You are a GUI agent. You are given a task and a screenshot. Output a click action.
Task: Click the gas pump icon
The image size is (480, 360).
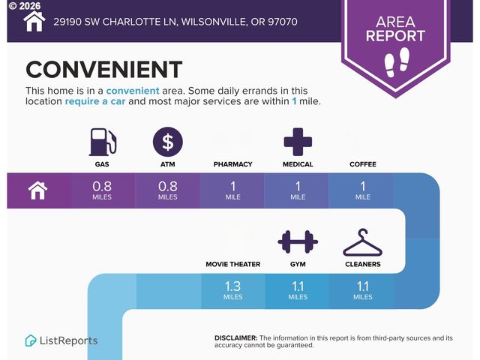pyautogui.click(x=103, y=142)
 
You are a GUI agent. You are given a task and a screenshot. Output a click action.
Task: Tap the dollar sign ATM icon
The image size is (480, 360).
pyautogui.click(x=168, y=142)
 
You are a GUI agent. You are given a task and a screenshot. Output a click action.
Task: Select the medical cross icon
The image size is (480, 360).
pyautogui.click(x=298, y=142)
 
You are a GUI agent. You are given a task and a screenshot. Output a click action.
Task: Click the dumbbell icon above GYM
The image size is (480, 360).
pyautogui.click(x=298, y=241)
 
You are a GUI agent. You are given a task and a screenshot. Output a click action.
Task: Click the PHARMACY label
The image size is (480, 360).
pyautogui.click(x=233, y=164)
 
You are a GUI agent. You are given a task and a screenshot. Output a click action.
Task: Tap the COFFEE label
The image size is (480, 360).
pyautogui.click(x=363, y=164)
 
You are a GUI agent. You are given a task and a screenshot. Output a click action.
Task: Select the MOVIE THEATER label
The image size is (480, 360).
pyautogui.click(x=233, y=264)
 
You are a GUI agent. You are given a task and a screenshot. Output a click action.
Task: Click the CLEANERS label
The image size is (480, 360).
pyautogui.click(x=363, y=264)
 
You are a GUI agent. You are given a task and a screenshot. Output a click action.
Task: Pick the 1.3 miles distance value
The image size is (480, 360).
pyautogui.click(x=233, y=290)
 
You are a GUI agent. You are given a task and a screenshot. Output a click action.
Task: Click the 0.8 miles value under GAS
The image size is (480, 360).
pyautogui.click(x=102, y=190)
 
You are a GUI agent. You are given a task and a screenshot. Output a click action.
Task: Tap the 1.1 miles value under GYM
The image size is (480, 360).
pyautogui.click(x=298, y=290)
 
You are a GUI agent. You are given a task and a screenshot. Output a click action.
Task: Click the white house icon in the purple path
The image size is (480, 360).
pyautogui.click(x=37, y=190)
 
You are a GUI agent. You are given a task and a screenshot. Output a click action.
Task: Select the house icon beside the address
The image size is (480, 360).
pyautogui.click(x=34, y=21)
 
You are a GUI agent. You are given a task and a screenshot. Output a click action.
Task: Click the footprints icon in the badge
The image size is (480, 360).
pyautogui.click(x=397, y=61)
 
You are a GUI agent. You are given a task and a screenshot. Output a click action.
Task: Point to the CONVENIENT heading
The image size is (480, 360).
pyautogui.click(x=104, y=70)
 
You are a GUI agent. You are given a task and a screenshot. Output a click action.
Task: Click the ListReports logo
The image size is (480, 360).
pyautogui.click(x=61, y=340)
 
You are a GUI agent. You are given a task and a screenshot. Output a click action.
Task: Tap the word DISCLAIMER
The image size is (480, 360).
pyautogui.click(x=236, y=338)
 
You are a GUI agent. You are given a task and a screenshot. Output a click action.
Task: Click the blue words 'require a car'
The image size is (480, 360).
pyautogui.click(x=95, y=101)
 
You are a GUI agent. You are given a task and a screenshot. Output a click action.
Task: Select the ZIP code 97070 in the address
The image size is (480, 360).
pyautogui.click(x=283, y=22)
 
